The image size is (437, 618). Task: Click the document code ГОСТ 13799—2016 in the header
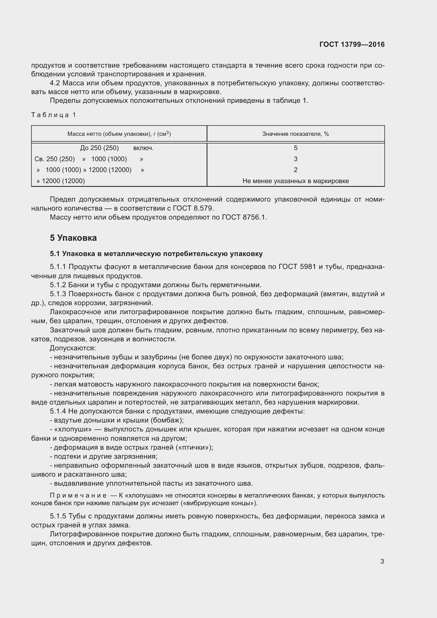click(352, 44)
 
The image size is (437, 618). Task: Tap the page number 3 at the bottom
click(382, 561)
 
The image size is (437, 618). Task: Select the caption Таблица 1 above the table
click(54, 115)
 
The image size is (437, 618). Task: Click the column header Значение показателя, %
click(295, 134)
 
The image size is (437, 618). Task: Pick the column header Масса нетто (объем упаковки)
click(119, 134)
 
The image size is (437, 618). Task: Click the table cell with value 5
click(295, 148)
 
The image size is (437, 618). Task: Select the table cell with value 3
click(295, 159)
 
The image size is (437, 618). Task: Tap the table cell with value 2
click(295, 170)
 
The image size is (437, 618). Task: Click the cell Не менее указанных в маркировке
click(295, 181)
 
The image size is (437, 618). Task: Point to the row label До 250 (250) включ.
click(117, 148)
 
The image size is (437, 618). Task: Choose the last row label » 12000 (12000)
click(61, 181)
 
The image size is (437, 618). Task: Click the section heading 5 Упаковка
click(73, 238)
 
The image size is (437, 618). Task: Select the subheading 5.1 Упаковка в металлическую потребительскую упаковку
click(156, 254)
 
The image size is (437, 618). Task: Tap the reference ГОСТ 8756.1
click(244, 217)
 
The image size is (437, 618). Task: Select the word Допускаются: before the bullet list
click(73, 348)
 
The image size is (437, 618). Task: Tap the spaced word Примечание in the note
click(78, 495)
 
